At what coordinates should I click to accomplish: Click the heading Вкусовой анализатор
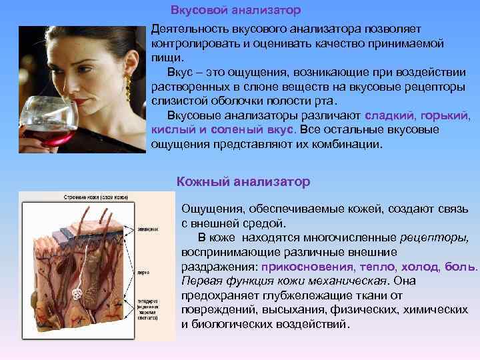click(x=235, y=11)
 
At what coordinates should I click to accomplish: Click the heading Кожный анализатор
click(x=243, y=181)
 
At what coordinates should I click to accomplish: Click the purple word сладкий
click(x=387, y=115)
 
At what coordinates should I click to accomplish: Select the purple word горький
click(x=447, y=115)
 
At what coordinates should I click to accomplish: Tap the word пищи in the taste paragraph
click(x=165, y=58)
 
